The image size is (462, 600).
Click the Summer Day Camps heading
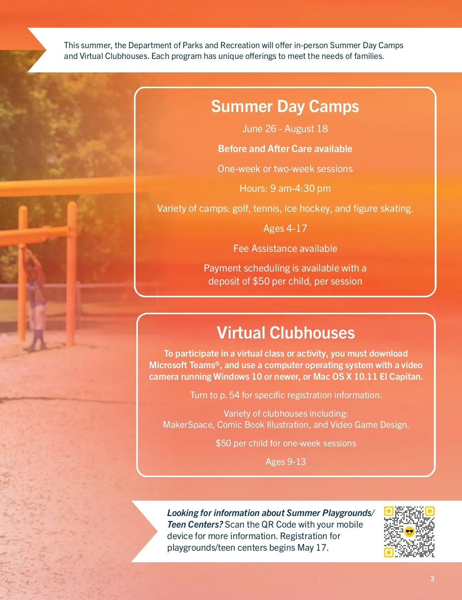[285, 107]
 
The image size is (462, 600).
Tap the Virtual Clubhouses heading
[286, 332]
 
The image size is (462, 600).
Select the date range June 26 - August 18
[285, 129]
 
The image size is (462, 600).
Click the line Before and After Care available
[285, 149]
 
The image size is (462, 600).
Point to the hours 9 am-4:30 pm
[300, 188]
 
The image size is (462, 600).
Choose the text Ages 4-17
[285, 228]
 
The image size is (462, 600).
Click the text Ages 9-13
[286, 462]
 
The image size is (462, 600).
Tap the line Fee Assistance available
[285, 248]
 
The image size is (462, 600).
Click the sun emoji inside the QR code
[409, 531]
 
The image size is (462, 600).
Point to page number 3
[432, 578]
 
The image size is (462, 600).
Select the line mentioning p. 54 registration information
[286, 395]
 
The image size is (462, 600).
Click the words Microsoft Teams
[182, 365]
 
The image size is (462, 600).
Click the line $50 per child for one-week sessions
[286, 443]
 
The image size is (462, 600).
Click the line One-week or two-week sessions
[285, 169]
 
